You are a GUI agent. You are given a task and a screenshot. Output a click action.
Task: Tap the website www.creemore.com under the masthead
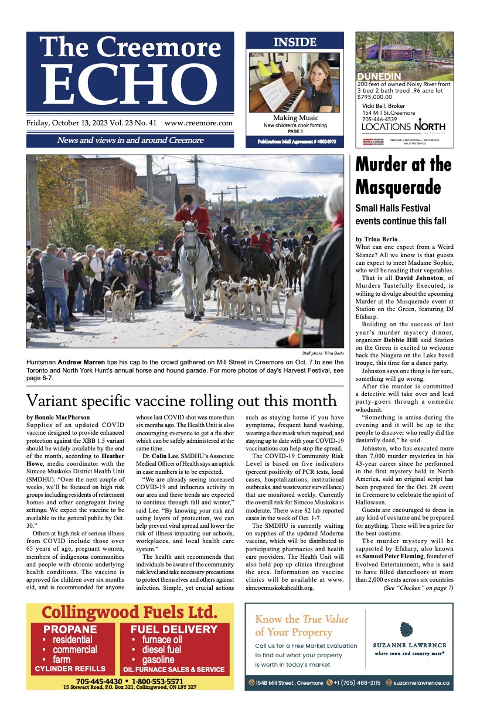click(x=199, y=123)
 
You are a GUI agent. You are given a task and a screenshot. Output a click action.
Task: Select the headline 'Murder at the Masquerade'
click(x=403, y=176)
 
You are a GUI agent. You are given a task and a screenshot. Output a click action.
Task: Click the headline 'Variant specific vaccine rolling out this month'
click(x=182, y=401)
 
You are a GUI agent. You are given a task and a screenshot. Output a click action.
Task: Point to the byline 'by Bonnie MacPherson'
click(x=58, y=417)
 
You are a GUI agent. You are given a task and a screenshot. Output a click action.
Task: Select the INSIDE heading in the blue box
click(x=295, y=42)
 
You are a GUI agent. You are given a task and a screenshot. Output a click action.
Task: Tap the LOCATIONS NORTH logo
click(x=403, y=127)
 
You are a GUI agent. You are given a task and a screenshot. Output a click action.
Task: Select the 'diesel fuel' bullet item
click(x=158, y=650)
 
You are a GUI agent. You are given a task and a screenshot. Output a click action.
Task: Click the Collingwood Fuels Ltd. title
click(x=130, y=613)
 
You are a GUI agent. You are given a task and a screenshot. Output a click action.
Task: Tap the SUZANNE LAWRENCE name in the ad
click(x=410, y=645)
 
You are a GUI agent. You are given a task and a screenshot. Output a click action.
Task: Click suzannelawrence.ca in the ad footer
click(x=421, y=682)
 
